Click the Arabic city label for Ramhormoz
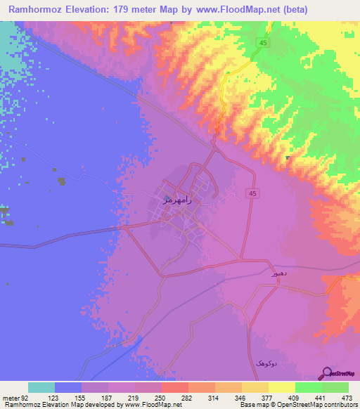tap(177, 200)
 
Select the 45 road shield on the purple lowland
tap(251, 193)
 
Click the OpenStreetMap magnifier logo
tap(327, 372)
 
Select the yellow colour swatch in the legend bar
tap(282, 387)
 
